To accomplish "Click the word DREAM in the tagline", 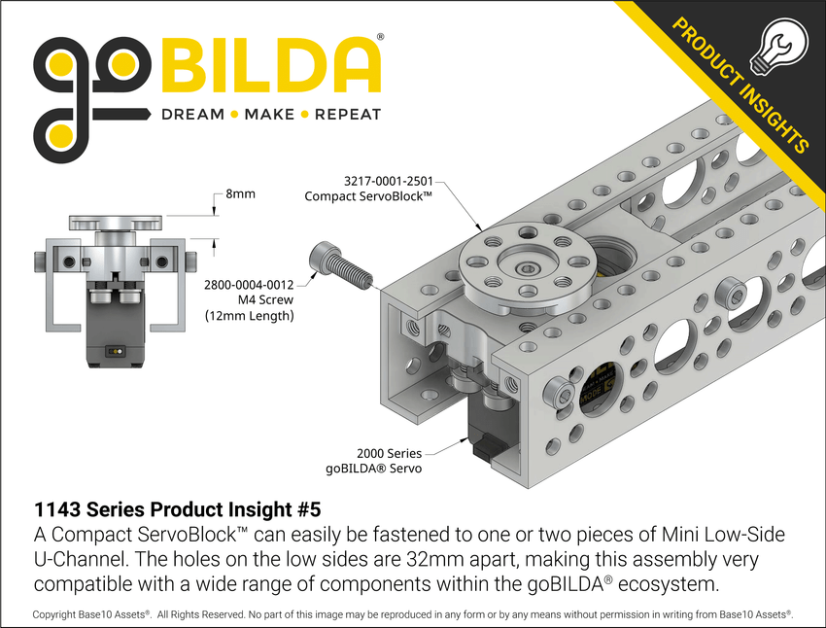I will coord(191,115).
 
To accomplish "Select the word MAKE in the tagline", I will coord(269,115).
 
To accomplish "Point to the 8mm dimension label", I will coord(240,194).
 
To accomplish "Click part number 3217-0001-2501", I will coord(388,181).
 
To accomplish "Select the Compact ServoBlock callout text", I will coord(368,196).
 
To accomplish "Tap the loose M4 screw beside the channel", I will coord(340,264).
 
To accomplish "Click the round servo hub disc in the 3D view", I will coord(526,265).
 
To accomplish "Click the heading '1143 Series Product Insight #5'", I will coord(177,508).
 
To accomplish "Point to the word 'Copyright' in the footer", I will coord(61,614).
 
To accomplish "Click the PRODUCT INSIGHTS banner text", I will coord(739,87).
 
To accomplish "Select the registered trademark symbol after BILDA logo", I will coord(380,36).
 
